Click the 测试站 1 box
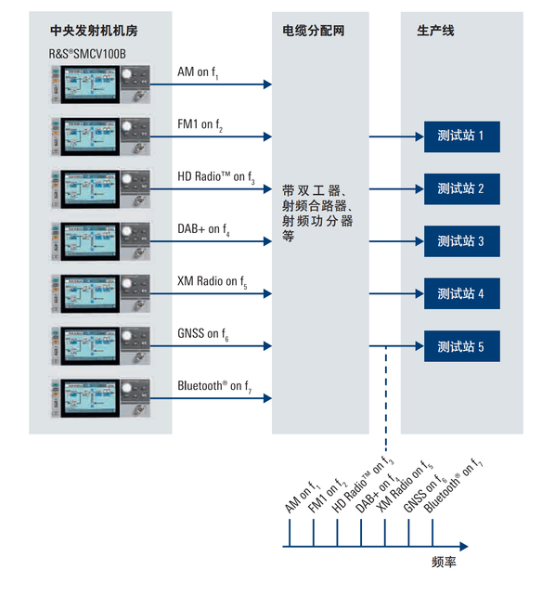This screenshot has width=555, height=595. (x=461, y=136)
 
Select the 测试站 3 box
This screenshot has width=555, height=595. (x=461, y=241)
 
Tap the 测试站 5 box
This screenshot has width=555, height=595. (x=461, y=347)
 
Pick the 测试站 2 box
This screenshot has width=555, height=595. (x=461, y=189)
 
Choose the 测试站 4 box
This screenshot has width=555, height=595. (x=461, y=294)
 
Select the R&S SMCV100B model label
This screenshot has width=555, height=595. (x=87, y=54)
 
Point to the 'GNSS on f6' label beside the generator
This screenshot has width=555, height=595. (x=202, y=334)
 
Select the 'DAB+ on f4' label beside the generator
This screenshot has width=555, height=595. (x=203, y=229)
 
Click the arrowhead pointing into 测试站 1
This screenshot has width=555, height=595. (x=418, y=136)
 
